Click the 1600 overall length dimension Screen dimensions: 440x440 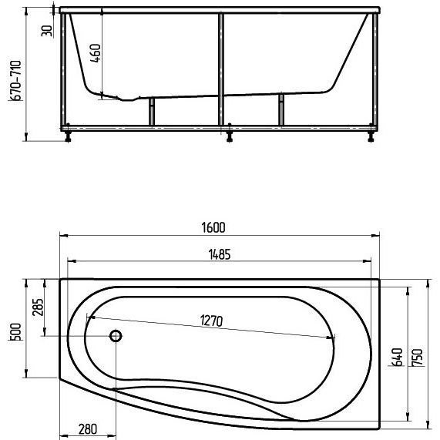click(x=213, y=227)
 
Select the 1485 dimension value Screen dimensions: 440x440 click(x=220, y=254)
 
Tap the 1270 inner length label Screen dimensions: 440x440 click(x=212, y=321)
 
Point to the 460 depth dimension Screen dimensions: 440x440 click(x=96, y=52)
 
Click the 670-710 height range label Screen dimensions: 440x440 click(x=15, y=81)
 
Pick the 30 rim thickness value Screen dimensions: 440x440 click(x=46, y=31)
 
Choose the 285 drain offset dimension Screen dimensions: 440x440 click(x=38, y=307)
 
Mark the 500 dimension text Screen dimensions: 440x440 click(x=15, y=332)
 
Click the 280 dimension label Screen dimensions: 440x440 click(x=88, y=429)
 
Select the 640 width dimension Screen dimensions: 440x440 click(x=398, y=358)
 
